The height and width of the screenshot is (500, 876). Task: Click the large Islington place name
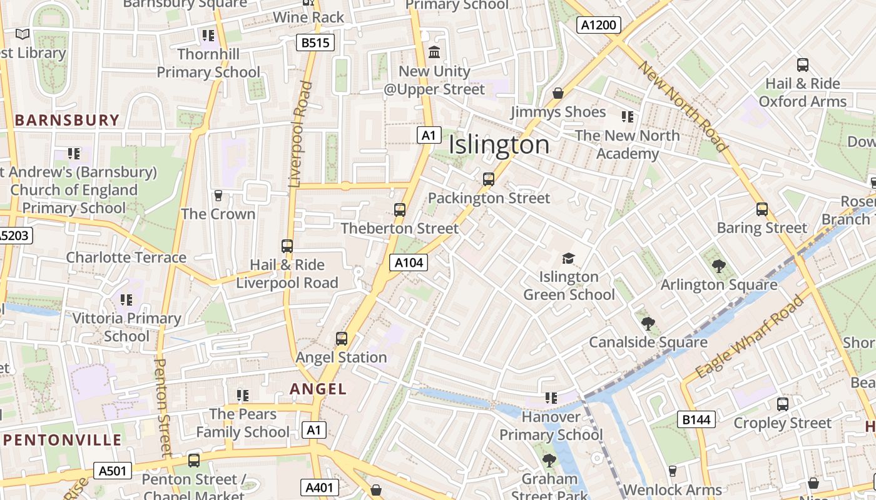[x=499, y=145]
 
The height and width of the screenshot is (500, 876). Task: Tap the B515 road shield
[x=315, y=42]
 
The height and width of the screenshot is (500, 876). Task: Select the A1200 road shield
[x=598, y=25]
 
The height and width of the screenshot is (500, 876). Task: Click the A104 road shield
[x=409, y=262]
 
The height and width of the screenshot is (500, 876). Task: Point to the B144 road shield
[x=696, y=419]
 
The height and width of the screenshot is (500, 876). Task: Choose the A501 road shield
[x=113, y=471]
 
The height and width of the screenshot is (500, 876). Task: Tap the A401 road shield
[x=319, y=487]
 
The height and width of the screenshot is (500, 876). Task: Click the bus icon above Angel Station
[x=341, y=339]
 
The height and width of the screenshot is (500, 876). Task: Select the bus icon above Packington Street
[x=489, y=179]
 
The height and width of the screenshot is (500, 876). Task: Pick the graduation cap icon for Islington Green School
[x=568, y=258]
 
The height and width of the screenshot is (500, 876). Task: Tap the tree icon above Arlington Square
[x=718, y=266]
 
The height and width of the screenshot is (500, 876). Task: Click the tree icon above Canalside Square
[x=648, y=324]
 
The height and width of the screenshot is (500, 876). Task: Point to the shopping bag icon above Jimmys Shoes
[x=558, y=94]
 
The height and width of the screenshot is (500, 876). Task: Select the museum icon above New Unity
[x=434, y=52]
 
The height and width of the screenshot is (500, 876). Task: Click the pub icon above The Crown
[x=218, y=196]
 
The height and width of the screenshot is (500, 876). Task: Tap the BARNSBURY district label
[x=67, y=120]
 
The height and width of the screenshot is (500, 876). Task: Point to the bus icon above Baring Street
[x=761, y=209]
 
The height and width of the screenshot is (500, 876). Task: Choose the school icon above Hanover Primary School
[x=551, y=397]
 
